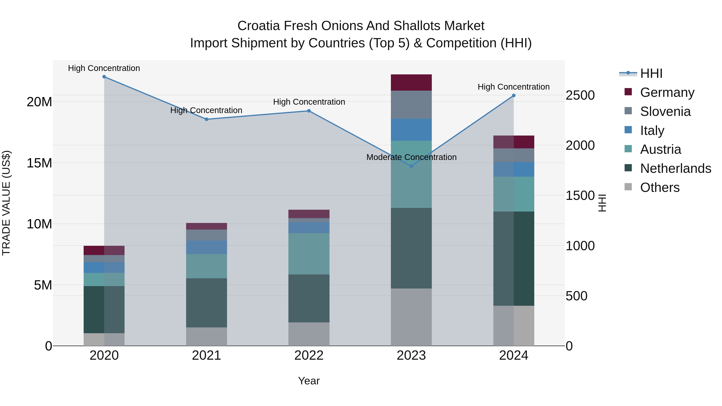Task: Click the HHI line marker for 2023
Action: (411, 166)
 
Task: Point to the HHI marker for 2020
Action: (104, 77)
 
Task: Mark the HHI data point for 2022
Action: (309, 111)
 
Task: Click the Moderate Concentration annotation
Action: (411, 157)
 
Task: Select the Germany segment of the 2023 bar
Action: (411, 82)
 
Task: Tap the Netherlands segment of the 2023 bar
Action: (411, 248)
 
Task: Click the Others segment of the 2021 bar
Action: (207, 336)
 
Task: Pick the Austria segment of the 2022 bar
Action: (309, 254)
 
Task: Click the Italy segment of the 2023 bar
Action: (411, 130)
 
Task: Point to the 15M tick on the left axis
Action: (39, 163)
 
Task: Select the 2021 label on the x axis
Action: (207, 355)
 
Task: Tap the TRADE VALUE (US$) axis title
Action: (6, 203)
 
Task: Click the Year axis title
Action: (309, 381)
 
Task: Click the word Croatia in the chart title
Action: (259, 26)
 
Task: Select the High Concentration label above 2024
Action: (513, 87)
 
